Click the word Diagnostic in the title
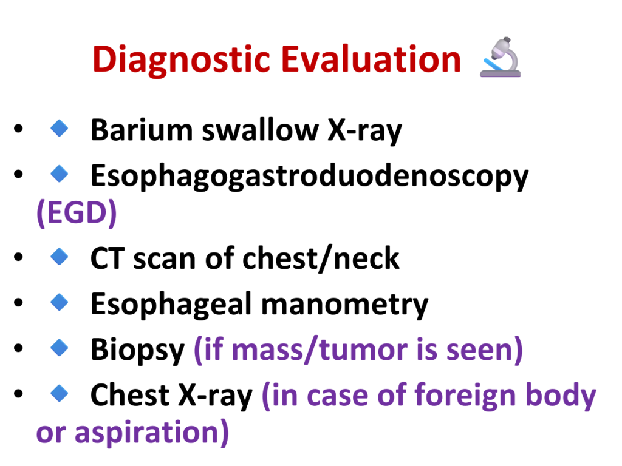coord(182,60)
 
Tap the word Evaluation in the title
coord(371,59)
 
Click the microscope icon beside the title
coord(501,57)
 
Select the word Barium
coord(142,130)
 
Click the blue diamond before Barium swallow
coord(60,129)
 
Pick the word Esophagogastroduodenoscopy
coord(309,177)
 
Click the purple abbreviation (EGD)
coord(77,213)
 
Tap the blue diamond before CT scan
coord(60,257)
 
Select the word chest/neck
coord(321,258)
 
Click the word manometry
coord(345,305)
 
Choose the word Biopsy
coord(138,350)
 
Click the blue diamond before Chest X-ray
coord(60,393)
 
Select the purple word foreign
coord(465,396)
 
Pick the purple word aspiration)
coord(151,433)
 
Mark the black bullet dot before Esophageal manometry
coord(18,303)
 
